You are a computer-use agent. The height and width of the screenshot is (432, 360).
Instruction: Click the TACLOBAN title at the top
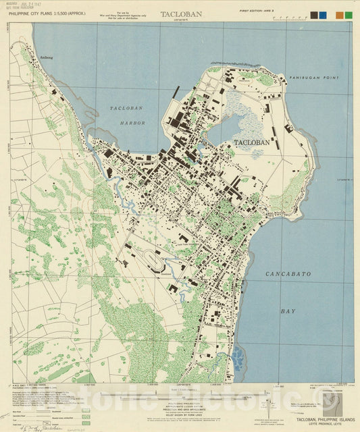coord(180,13)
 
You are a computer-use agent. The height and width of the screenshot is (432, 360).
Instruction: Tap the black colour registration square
coord(316,15)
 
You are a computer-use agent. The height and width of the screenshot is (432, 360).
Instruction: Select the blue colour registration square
coord(325,15)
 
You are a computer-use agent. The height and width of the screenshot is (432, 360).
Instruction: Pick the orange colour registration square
coord(339,15)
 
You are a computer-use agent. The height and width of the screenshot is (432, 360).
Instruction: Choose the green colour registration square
coord(348,15)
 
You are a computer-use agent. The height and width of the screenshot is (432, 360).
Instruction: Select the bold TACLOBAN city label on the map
coord(251,142)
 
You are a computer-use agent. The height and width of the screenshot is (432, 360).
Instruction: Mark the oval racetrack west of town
coord(149,259)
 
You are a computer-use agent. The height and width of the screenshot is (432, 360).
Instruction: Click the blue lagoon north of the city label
coord(228,126)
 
